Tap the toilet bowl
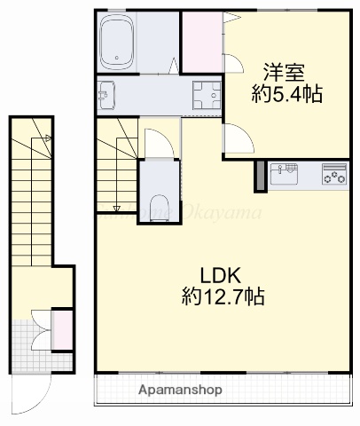pyautogui.click(x=160, y=207)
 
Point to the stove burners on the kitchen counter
pyautogui.click(x=334, y=174)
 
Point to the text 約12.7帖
pyautogui.click(x=225, y=295)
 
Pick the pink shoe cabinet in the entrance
pyautogui.click(x=62, y=328)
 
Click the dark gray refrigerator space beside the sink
pyautogui.click(x=259, y=176)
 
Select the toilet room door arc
pyautogui.click(x=154, y=142)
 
